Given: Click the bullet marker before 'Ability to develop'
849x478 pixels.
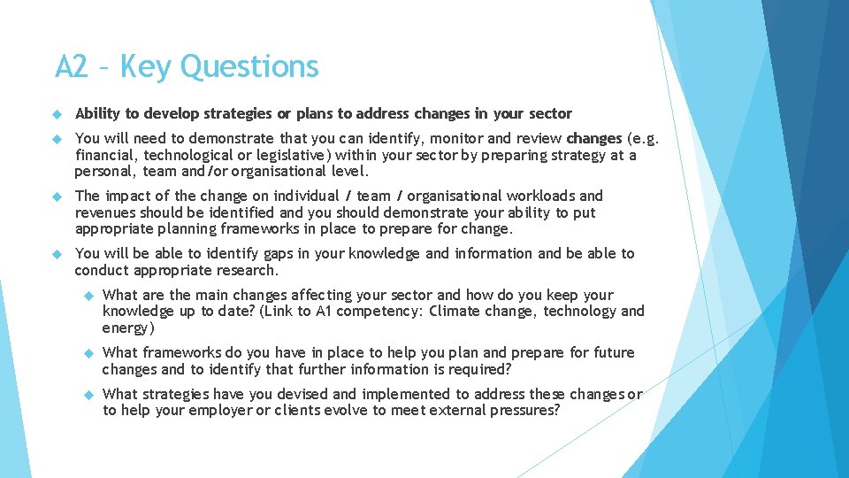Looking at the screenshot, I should pyautogui.click(x=55, y=114).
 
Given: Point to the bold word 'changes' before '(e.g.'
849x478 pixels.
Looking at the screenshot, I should pyautogui.click(x=594, y=138).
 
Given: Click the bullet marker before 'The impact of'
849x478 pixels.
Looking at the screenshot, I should pyautogui.click(x=55, y=197).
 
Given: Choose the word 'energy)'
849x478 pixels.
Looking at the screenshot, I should pyautogui.click(x=128, y=328).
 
